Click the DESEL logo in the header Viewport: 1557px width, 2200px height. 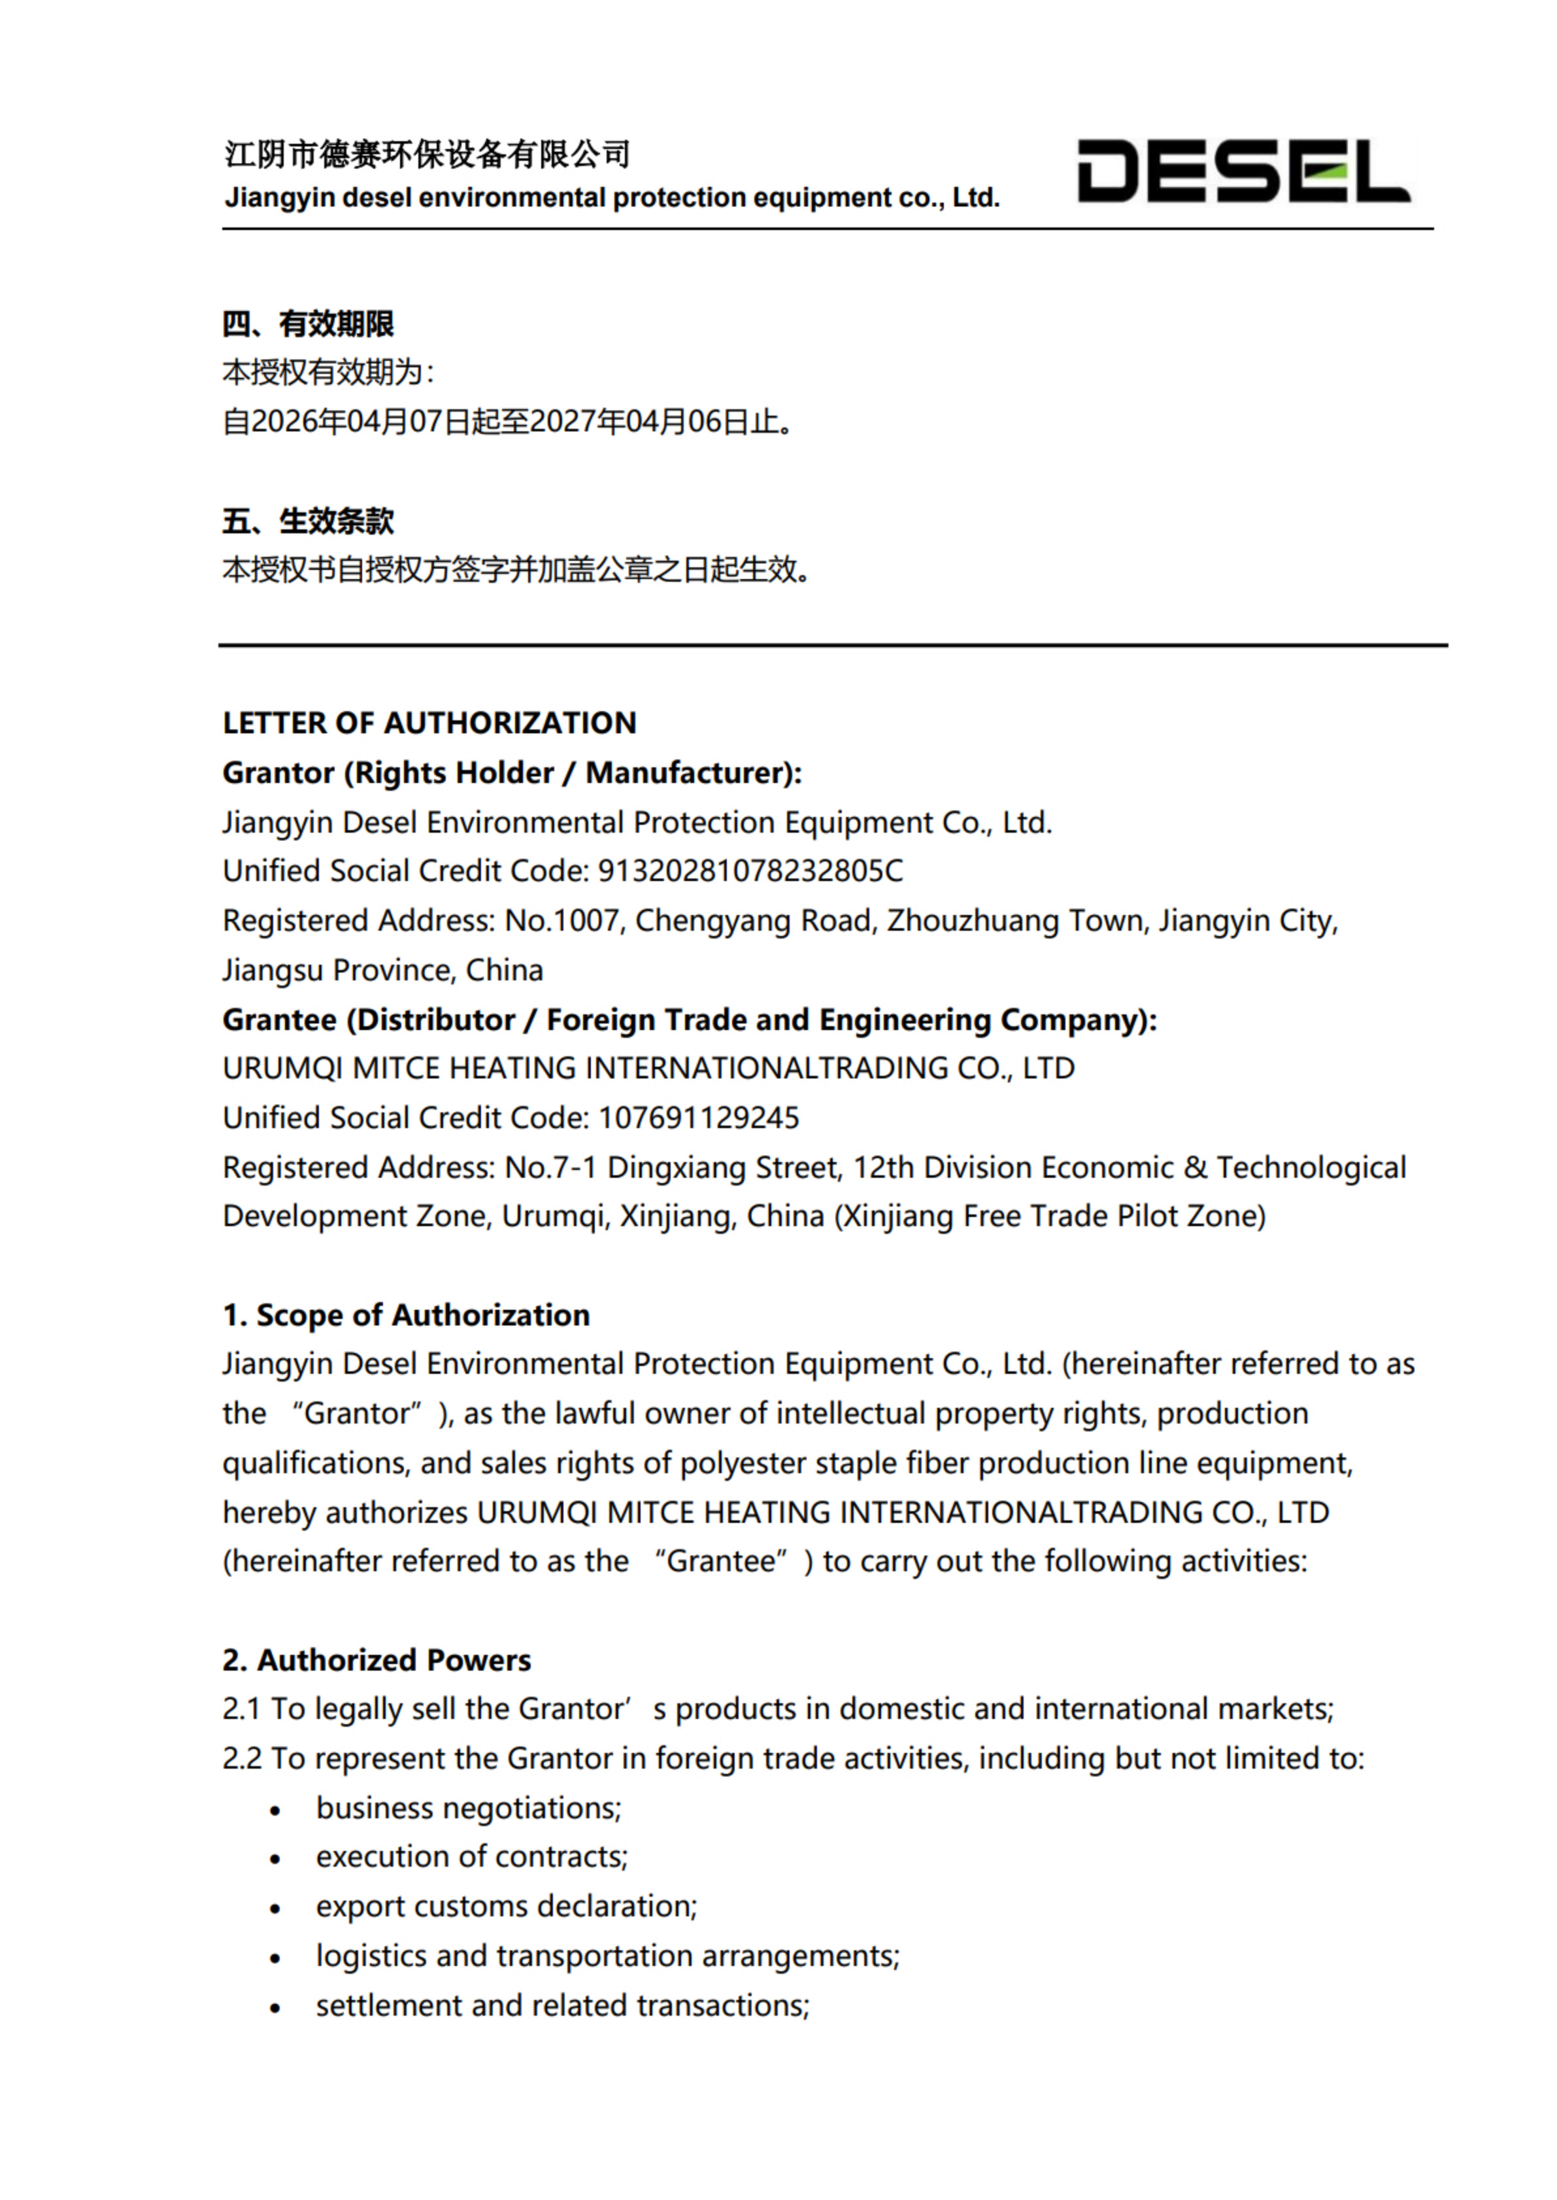tap(1243, 172)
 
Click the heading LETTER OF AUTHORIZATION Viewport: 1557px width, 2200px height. tap(429, 723)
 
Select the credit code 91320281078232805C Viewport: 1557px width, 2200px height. tap(750, 871)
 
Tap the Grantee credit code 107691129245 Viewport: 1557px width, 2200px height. tap(698, 1118)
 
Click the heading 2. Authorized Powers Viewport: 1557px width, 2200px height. tap(377, 1660)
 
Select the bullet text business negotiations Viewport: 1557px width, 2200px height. tap(469, 1808)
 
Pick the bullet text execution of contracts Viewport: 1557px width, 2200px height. tap(472, 1857)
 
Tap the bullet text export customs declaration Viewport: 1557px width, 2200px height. tap(506, 1907)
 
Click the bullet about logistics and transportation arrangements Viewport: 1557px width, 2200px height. tap(608, 1956)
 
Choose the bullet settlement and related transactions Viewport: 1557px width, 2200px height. tap(563, 2005)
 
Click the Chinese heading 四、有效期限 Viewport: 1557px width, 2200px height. tap(308, 324)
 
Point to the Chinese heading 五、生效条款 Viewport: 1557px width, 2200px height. tap(308, 522)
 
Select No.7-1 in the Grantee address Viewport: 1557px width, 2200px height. tap(550, 1167)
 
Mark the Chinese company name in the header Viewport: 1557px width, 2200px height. tap(427, 154)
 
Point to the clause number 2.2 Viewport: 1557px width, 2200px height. tap(242, 1759)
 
